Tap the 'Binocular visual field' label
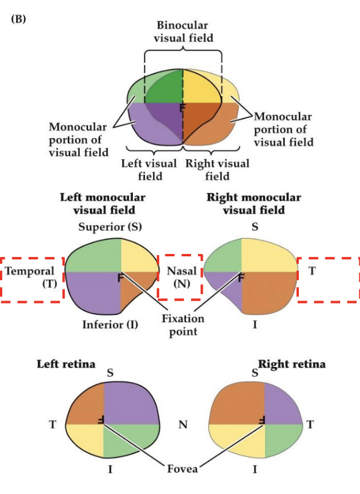(x=182, y=32)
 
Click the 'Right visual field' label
(x=217, y=170)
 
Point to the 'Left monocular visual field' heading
(x=103, y=203)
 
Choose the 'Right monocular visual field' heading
(x=254, y=203)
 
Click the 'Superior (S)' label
(x=110, y=227)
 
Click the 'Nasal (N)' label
(x=179, y=277)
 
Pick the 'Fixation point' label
(x=183, y=325)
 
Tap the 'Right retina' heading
(x=292, y=365)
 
